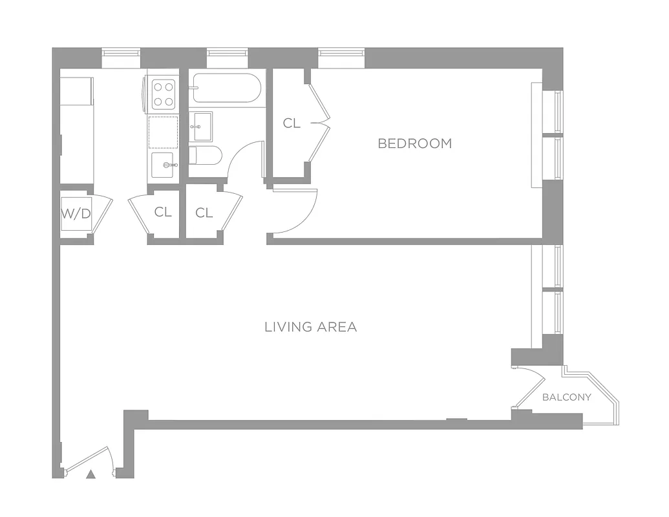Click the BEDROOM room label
point(414,143)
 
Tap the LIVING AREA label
point(310,327)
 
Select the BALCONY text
point(566,397)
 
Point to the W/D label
point(76,214)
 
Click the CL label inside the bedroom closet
point(292,123)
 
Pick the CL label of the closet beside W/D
point(163,212)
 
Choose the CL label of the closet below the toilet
point(204,213)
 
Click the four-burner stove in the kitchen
point(164,94)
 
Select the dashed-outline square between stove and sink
point(164,132)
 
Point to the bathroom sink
point(201,126)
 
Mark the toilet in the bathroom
point(206,156)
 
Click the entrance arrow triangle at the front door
point(91,474)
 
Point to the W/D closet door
point(103,213)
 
